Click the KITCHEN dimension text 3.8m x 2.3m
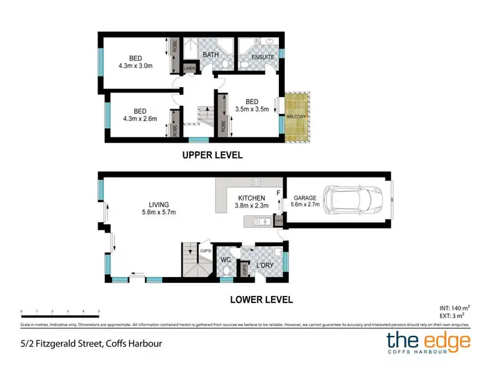pos(251,206)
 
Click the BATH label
pos(210,55)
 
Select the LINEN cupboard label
pos(190,68)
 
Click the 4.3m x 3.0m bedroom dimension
pos(136,66)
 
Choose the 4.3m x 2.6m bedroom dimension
pos(136,119)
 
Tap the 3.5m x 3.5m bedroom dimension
pos(252,109)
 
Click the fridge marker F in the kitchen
pos(279,193)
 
